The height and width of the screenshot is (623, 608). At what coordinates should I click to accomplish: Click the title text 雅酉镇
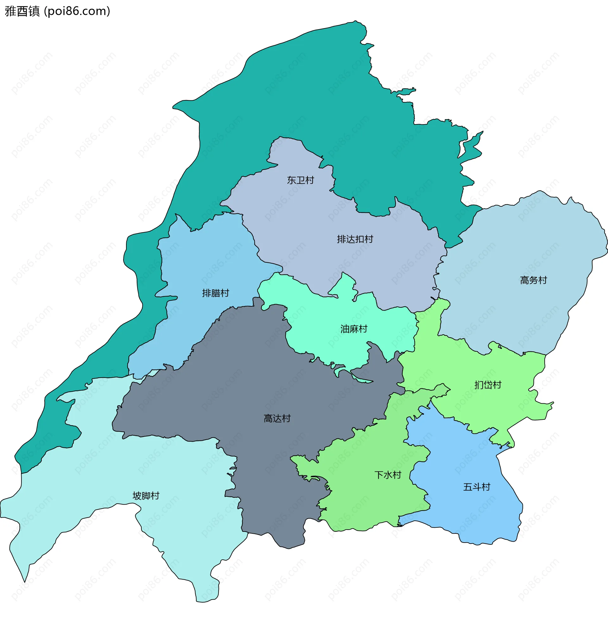coord(22,11)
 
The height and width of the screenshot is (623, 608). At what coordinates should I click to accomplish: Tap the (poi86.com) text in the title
coord(77,11)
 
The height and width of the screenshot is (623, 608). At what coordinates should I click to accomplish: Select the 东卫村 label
coord(300,180)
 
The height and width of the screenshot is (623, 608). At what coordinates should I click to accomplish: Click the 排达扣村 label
coord(355,239)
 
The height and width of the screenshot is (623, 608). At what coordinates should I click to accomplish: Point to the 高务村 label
coord(533,280)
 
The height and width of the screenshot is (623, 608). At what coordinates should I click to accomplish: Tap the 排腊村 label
coord(216,293)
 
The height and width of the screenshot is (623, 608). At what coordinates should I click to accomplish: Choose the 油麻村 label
coord(354,329)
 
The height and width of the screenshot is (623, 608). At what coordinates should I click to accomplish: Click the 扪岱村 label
coord(488,385)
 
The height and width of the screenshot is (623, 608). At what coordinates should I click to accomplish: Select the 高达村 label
coord(277,418)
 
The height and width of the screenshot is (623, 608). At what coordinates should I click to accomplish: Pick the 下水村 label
coord(388,475)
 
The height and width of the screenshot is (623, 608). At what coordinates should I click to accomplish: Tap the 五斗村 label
coord(477,487)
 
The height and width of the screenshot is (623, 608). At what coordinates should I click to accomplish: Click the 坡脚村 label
coord(146,496)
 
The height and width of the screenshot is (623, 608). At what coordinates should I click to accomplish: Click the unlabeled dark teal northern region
coord(319,96)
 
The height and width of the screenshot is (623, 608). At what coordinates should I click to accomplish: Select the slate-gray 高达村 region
coord(256,383)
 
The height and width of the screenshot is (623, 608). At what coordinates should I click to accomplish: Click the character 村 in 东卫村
coord(309,180)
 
